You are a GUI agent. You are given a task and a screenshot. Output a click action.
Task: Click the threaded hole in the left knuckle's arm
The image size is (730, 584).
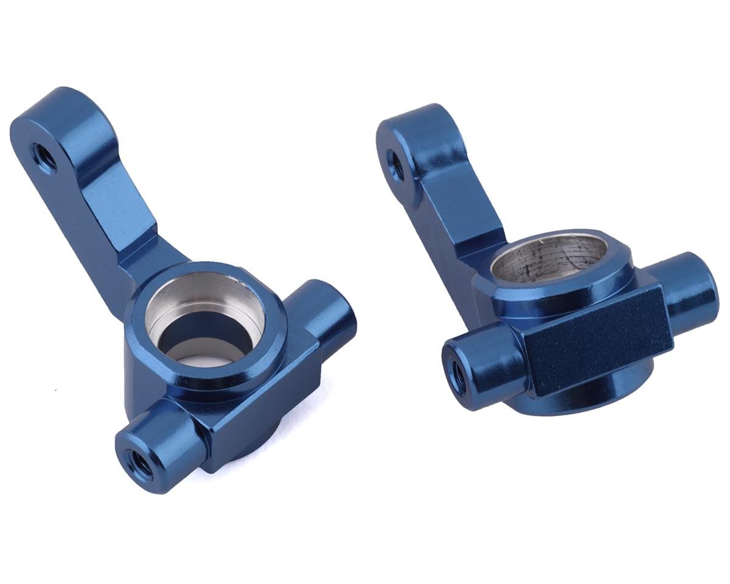pyautogui.click(x=44, y=158)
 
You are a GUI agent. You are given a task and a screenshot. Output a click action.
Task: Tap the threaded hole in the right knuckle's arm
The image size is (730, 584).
pyautogui.click(x=395, y=165)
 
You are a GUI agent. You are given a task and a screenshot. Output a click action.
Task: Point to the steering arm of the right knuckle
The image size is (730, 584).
pyautogui.click(x=447, y=195)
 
